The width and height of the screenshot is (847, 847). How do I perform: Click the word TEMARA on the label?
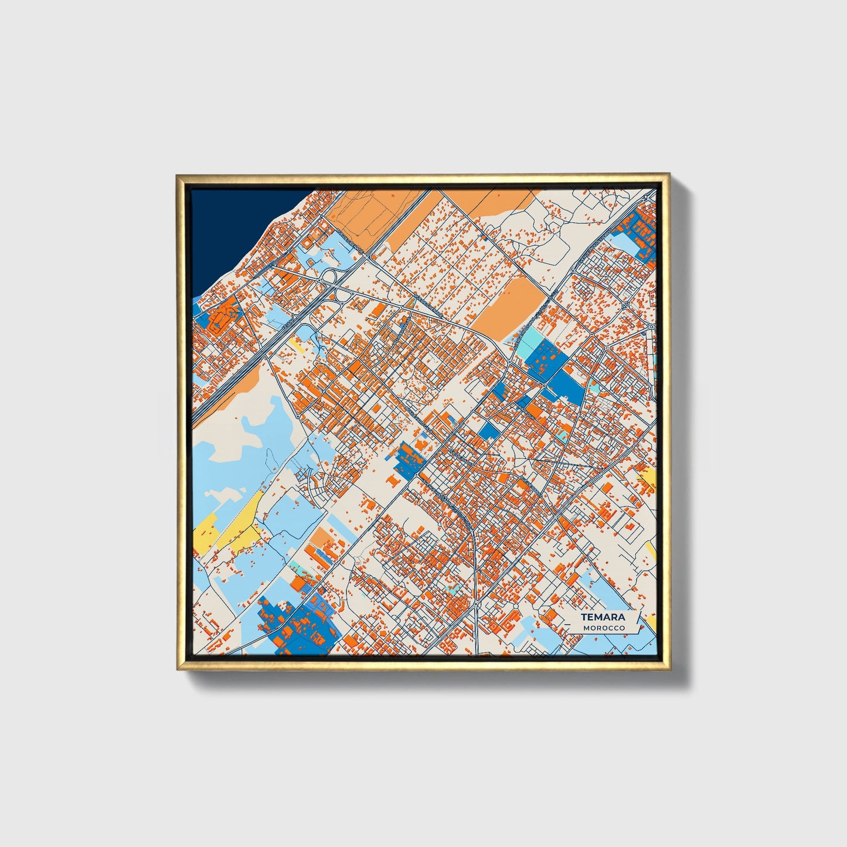[603, 617]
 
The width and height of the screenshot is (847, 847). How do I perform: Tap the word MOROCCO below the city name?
[604, 628]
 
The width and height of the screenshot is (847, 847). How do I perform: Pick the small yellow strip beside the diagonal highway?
[297, 346]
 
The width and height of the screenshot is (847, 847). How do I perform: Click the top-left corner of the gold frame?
[177, 175]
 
